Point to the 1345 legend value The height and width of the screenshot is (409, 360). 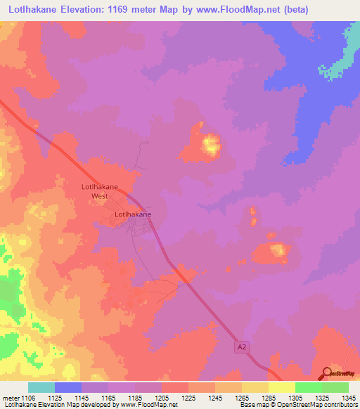(348, 398)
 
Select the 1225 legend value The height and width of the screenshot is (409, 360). (188, 398)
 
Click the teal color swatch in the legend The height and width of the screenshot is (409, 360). (41, 387)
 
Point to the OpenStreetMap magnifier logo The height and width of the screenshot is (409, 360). (326, 374)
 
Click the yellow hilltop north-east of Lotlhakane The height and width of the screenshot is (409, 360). (210, 145)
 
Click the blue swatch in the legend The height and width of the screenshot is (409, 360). (68, 387)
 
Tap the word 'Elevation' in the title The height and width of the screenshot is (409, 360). (82, 9)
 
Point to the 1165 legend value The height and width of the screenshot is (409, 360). (108, 398)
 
